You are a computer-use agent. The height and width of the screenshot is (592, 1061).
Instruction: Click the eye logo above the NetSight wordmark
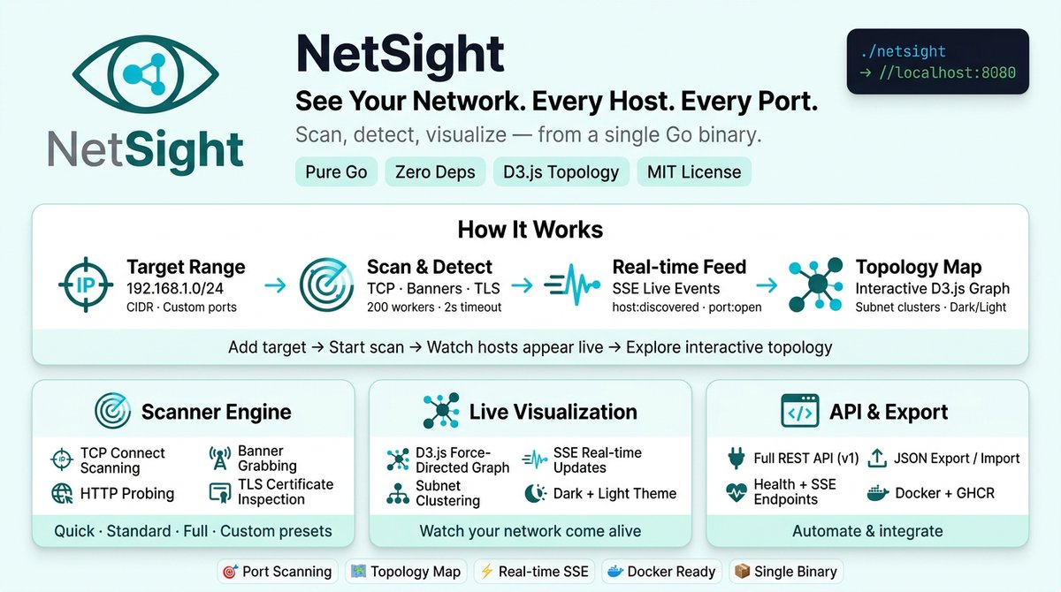click(x=145, y=74)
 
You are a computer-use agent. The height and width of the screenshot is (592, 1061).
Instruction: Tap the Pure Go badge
click(x=336, y=171)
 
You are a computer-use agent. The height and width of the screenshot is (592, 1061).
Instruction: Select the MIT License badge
click(x=694, y=171)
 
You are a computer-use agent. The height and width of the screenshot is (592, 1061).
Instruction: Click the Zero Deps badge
click(x=435, y=171)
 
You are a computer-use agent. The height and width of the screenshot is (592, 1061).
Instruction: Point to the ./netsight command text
click(x=903, y=51)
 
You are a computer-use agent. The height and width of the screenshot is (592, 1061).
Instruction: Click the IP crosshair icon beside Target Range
click(x=86, y=285)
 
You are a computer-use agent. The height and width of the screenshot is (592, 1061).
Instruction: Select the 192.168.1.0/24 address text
click(x=175, y=288)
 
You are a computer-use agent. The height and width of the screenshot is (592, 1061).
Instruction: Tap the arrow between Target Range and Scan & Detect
click(x=275, y=285)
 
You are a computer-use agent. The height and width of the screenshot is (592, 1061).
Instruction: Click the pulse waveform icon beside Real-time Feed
click(x=572, y=285)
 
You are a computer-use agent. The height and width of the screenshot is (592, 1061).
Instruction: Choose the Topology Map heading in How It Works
click(x=919, y=267)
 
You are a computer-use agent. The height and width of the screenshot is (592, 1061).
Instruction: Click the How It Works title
click(x=530, y=230)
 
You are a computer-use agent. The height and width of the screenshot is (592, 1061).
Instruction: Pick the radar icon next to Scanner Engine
click(x=112, y=411)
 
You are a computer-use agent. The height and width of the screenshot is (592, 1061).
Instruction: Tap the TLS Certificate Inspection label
click(x=286, y=491)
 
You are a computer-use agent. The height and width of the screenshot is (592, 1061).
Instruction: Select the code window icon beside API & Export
click(x=800, y=411)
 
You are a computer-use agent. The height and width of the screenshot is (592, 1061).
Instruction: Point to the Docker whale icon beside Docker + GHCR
click(x=877, y=494)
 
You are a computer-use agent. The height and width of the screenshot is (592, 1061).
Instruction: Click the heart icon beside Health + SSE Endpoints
click(x=736, y=492)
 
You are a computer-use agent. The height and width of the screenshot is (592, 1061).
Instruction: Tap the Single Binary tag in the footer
click(x=786, y=572)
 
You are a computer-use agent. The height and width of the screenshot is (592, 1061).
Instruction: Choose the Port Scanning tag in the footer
click(x=278, y=572)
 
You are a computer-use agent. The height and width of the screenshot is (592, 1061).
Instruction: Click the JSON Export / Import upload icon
click(x=877, y=458)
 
